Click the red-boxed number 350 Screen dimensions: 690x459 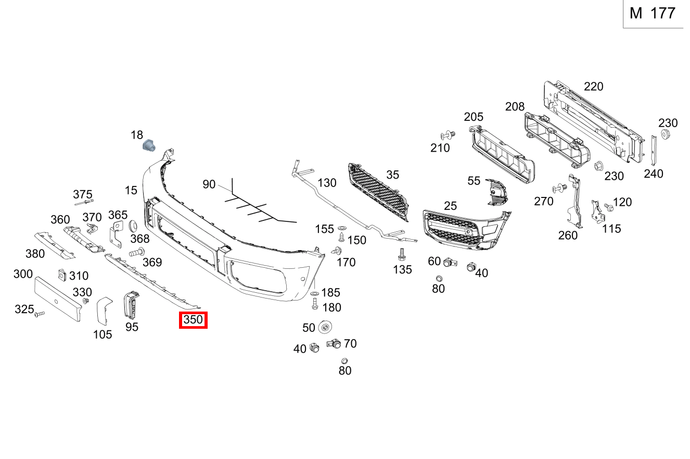click(193, 320)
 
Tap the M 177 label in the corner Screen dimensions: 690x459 click(652, 14)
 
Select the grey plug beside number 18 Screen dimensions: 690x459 click(149, 145)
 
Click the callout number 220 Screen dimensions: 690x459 click(593, 86)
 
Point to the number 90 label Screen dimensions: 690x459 click(209, 184)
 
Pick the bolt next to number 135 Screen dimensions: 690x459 click(401, 254)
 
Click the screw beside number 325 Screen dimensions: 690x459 click(40, 314)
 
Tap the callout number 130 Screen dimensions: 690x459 click(327, 183)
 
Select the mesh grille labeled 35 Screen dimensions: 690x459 click(379, 192)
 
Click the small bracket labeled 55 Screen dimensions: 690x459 click(496, 192)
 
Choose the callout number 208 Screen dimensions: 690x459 click(515, 107)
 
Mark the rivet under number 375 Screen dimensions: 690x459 click(84, 202)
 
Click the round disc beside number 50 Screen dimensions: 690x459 click(325, 327)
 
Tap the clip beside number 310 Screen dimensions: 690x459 click(62, 275)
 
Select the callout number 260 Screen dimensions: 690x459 click(568, 235)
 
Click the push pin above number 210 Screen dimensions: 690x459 click(448, 135)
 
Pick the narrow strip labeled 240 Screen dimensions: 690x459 click(654, 150)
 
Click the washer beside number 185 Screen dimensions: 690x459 click(315, 293)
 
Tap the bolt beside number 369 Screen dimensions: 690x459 click(137, 253)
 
